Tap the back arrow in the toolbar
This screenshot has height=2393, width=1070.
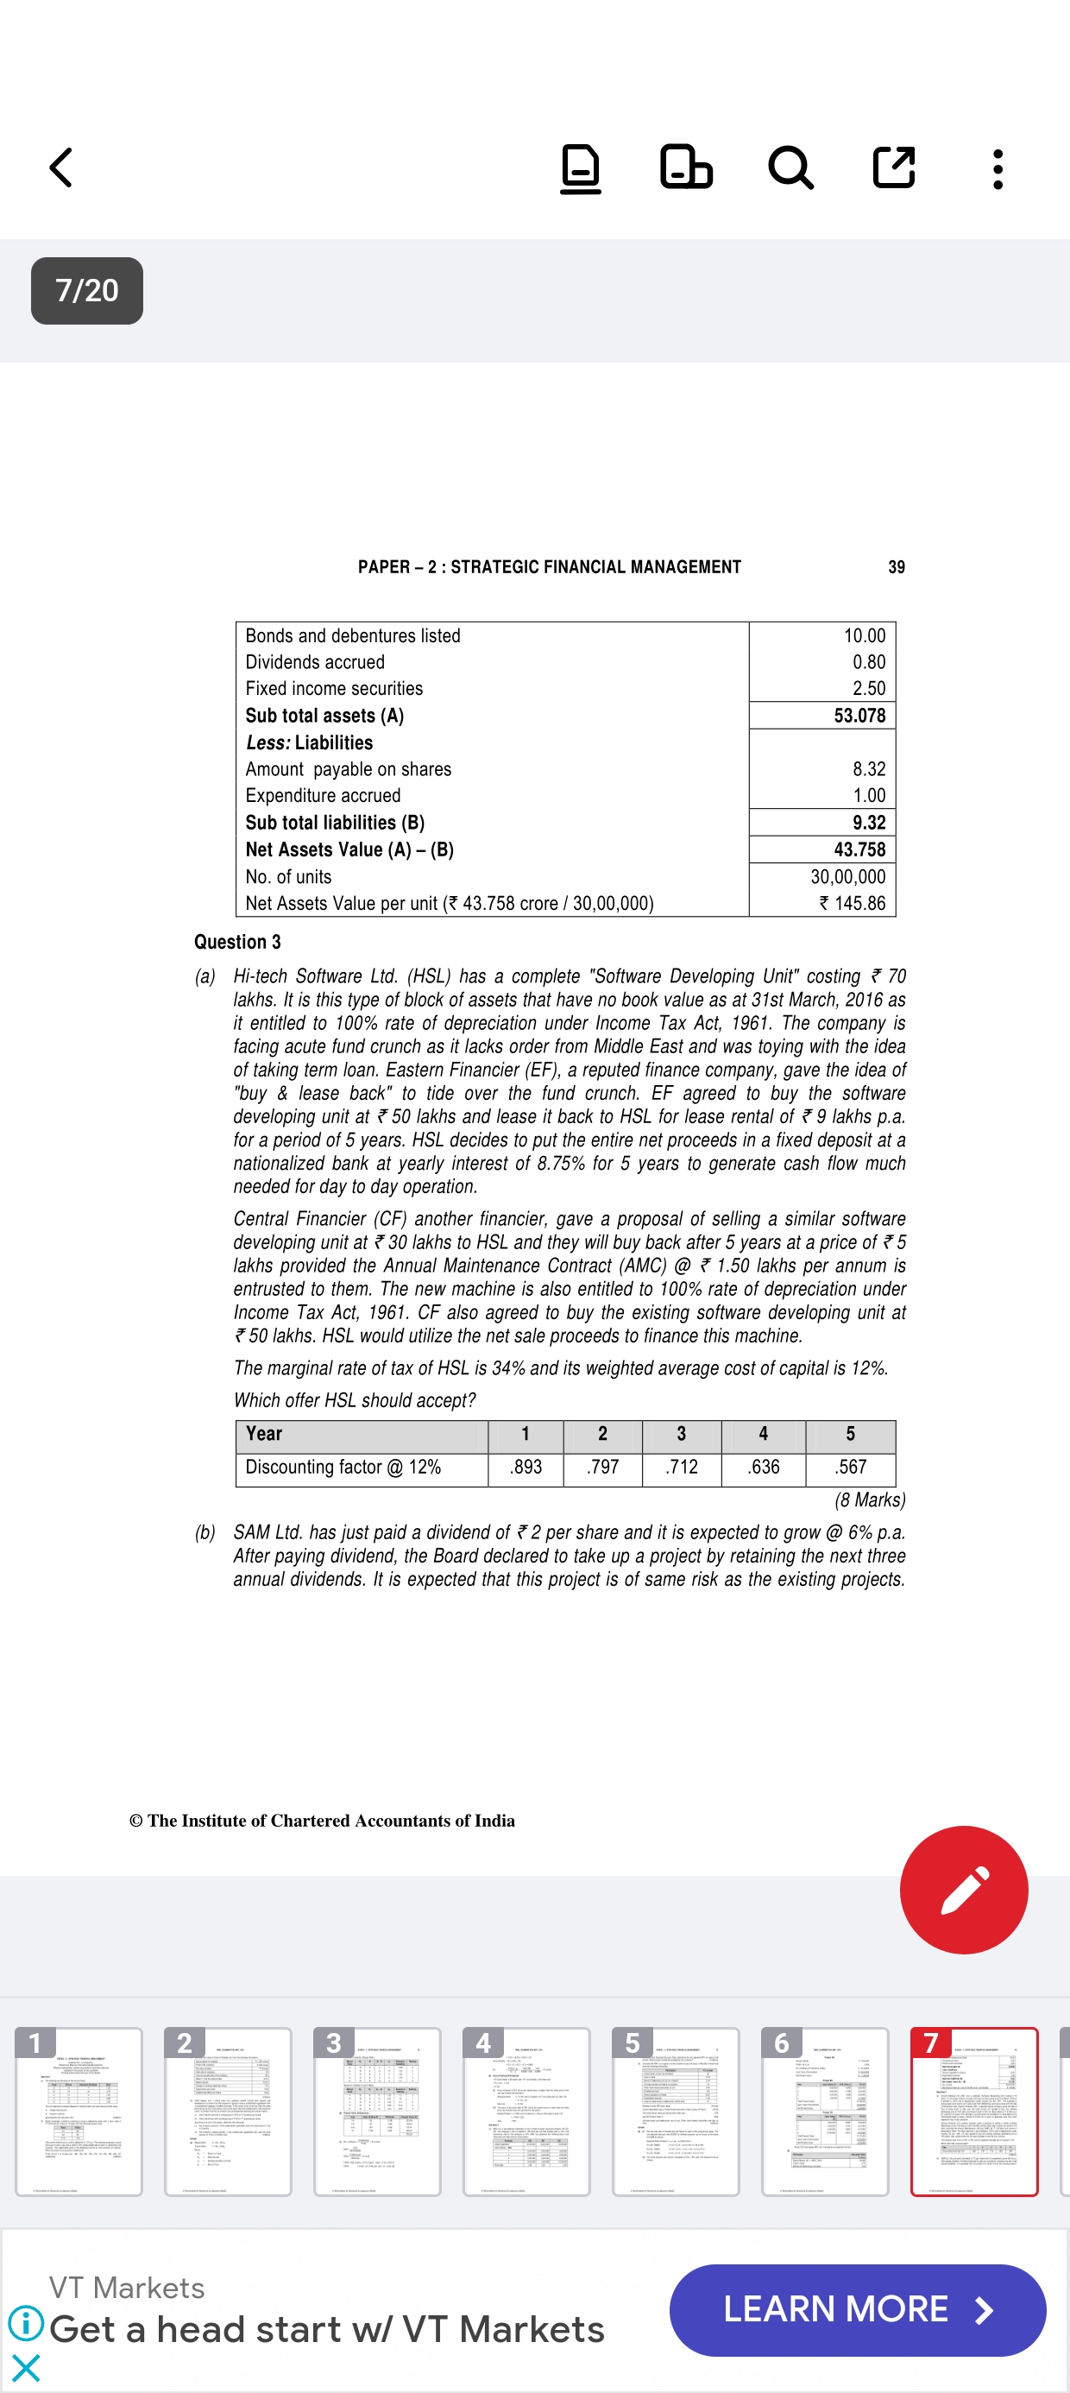[x=61, y=168]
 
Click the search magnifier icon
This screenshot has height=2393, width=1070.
[x=790, y=168]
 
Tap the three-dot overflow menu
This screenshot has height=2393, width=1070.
[x=998, y=169]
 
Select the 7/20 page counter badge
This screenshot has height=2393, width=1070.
[x=86, y=291]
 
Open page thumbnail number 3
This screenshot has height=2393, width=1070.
[x=376, y=2111]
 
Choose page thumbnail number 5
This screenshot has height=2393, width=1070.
[x=676, y=2111]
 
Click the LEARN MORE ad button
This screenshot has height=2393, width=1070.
[x=856, y=2309]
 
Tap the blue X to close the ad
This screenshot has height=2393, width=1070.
[x=26, y=2368]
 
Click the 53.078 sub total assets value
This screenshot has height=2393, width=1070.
[x=859, y=716]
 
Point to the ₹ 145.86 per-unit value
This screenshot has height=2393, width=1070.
[x=852, y=903]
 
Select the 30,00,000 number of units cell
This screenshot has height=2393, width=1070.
[x=847, y=876]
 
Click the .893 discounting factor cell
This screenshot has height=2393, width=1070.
[x=526, y=1467]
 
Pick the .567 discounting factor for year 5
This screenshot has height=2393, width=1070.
[x=850, y=1467]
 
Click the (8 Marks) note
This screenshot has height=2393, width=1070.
[x=870, y=1500]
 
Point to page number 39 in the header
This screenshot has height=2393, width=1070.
[x=897, y=566]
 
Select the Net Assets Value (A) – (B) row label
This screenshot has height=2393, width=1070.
[x=349, y=849]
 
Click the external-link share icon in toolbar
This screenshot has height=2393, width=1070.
[x=893, y=168]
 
